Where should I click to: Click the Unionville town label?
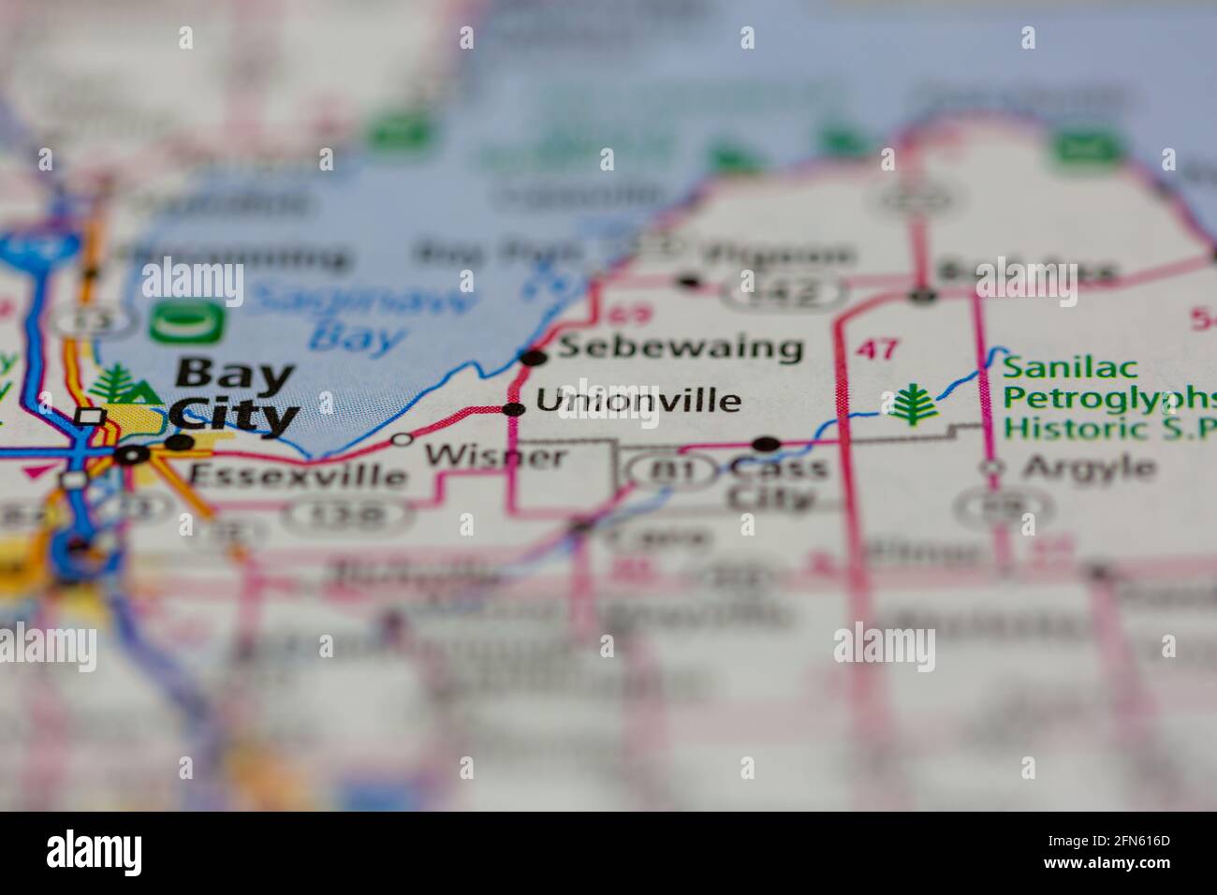coord(638,402)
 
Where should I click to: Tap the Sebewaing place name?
coord(681,348)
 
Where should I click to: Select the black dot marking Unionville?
coord(514,409)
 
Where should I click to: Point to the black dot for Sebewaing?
coord(534,357)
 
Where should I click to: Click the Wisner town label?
coord(495,457)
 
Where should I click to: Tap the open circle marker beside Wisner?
coord(403,438)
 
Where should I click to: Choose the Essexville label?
coord(298,476)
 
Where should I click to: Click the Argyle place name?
coord(1089,466)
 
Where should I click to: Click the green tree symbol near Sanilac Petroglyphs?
coord(910,404)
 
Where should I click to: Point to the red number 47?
coord(877,350)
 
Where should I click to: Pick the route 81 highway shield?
coord(675,471)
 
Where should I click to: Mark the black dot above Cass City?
coord(767,444)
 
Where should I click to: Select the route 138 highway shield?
coord(348,514)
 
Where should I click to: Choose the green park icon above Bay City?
coord(187,323)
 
